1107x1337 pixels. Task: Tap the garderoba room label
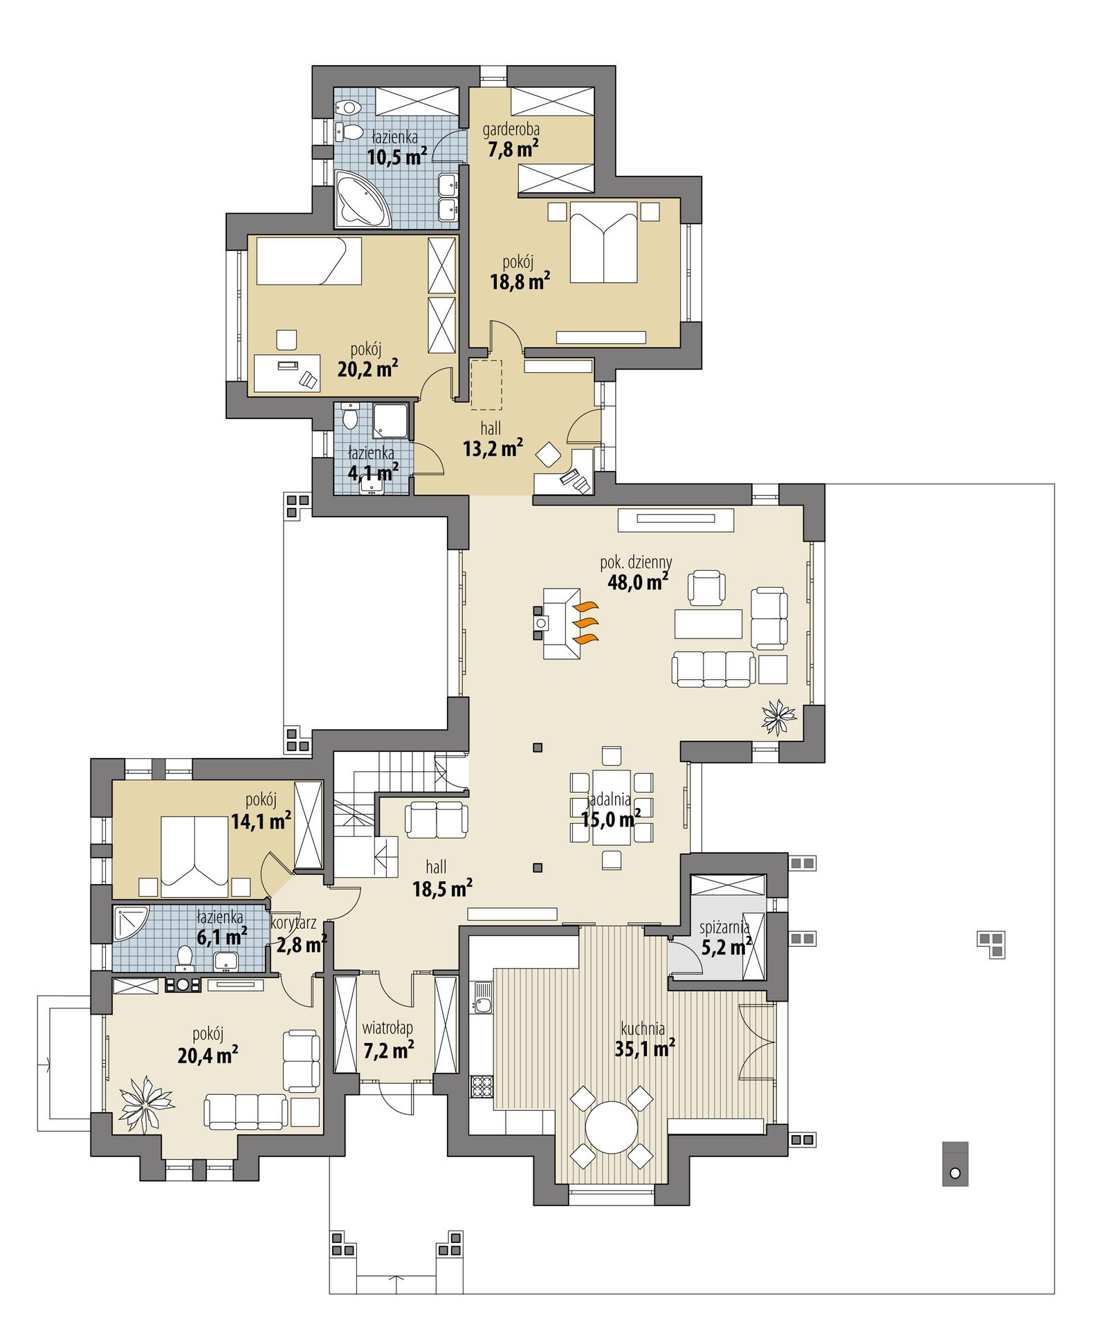pyautogui.click(x=511, y=129)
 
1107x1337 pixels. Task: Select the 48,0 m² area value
pyautogui.click(x=637, y=582)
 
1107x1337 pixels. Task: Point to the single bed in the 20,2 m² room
pyautogui.click(x=309, y=261)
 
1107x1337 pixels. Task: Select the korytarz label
pyautogui.click(x=294, y=923)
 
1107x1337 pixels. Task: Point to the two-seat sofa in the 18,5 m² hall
pyautogui.click(x=436, y=818)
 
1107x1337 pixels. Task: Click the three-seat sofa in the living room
pyautogui.click(x=713, y=669)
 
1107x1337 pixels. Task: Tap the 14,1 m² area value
pyautogui.click(x=260, y=821)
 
